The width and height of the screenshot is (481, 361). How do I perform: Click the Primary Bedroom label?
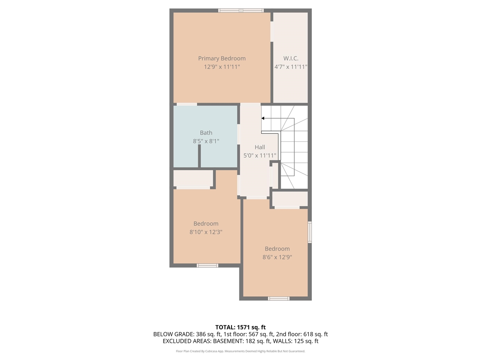(222, 58)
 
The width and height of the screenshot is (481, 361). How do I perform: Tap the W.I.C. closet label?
(291, 58)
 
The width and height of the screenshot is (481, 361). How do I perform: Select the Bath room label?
(206, 133)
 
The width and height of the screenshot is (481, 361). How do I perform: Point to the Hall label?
(260, 147)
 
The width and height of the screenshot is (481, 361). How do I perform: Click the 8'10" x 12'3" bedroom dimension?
(206, 232)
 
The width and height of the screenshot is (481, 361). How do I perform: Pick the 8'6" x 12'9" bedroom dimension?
(277, 257)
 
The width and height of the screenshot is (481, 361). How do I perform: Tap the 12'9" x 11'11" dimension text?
(222, 67)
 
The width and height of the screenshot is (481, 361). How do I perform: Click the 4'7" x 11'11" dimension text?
(291, 67)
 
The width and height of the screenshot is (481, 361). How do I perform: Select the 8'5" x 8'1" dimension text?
(206, 141)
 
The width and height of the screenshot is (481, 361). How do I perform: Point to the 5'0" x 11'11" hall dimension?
(260, 155)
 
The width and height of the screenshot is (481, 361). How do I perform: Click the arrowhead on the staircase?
(263, 118)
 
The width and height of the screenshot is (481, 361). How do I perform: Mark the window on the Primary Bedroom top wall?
(241, 11)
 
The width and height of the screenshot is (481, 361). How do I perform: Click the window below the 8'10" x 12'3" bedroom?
(207, 265)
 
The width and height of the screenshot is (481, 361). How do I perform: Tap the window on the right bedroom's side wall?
(310, 232)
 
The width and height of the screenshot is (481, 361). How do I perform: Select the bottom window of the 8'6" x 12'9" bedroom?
(278, 299)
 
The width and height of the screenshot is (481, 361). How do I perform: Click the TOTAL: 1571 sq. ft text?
(240, 327)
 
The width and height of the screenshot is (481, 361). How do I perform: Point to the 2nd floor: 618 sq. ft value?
(302, 334)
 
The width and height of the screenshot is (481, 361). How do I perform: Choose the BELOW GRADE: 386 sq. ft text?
(187, 334)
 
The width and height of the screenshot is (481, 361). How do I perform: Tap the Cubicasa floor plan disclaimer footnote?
(240, 351)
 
